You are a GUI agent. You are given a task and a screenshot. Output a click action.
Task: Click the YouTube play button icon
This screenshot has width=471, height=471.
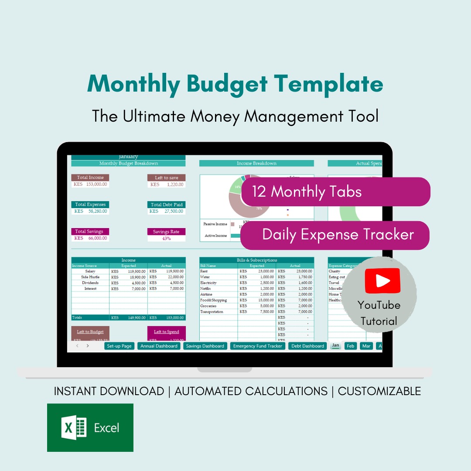(382, 281)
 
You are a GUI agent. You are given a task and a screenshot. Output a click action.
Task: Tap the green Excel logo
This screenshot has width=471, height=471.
(90, 427)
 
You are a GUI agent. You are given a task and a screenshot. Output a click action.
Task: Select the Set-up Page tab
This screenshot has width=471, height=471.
(119, 346)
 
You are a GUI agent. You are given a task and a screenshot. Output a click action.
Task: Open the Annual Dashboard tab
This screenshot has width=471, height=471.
(159, 346)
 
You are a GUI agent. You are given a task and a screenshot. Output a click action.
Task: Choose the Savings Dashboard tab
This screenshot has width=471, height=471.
(205, 346)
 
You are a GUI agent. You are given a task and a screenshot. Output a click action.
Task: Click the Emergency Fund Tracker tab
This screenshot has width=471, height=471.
(257, 346)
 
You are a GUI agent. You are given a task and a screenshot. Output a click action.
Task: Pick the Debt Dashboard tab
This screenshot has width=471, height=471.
(308, 346)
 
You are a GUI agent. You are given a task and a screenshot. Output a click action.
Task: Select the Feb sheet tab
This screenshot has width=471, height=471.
(350, 346)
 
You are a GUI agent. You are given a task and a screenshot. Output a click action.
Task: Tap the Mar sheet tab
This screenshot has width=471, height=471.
(366, 346)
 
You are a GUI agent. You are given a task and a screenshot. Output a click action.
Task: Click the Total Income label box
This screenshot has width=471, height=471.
(90, 177)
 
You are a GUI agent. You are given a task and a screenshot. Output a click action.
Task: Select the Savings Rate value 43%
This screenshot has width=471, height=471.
(166, 239)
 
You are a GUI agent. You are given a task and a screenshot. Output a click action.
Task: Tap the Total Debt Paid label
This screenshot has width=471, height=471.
(166, 205)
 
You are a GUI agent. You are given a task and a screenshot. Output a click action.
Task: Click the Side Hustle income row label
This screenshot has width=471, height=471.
(90, 277)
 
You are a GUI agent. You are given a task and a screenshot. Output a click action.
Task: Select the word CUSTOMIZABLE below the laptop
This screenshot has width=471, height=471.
(379, 391)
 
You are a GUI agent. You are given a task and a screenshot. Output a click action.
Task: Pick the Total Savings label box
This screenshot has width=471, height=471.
(90, 232)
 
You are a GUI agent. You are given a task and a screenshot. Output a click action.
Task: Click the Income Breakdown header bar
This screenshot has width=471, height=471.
(256, 164)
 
